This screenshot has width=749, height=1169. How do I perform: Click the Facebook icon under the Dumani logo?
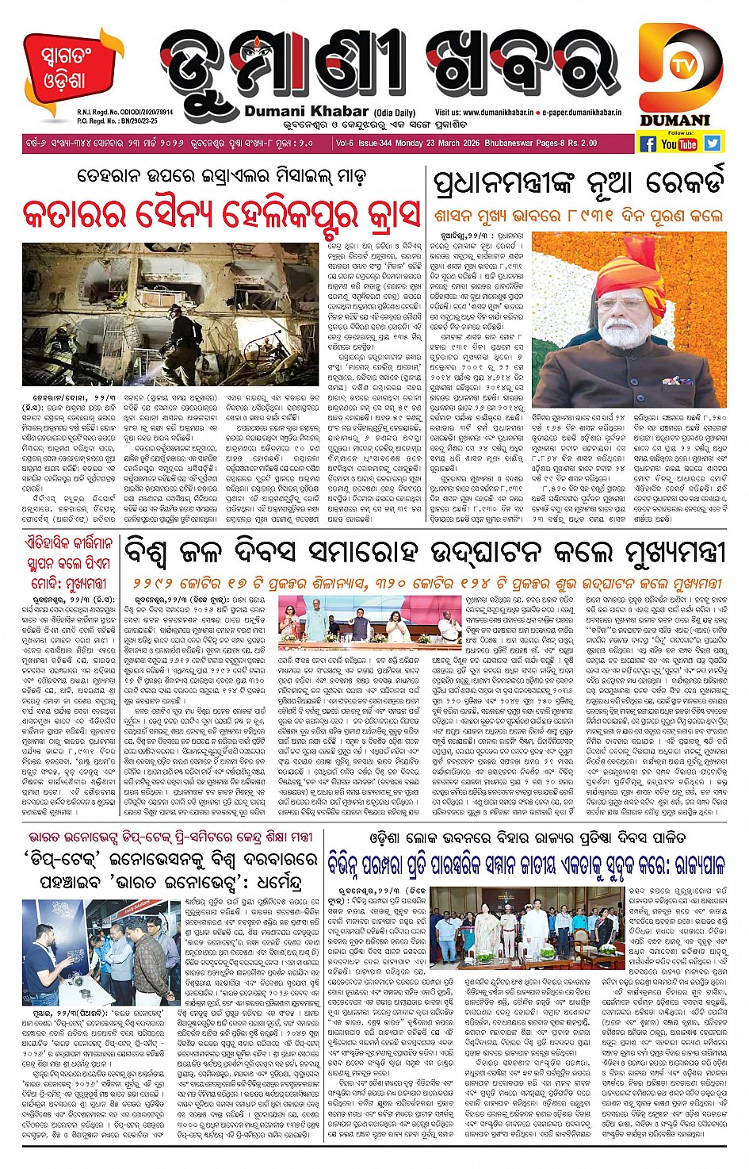[x=648, y=144]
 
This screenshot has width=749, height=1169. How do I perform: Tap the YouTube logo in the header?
[x=679, y=144]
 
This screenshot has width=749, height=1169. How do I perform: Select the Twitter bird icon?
[x=712, y=143]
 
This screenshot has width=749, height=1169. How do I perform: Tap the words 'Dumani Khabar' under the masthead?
[x=306, y=112]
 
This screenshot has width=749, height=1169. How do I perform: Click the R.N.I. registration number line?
[x=124, y=113]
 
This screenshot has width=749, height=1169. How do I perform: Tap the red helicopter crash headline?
[x=221, y=213]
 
